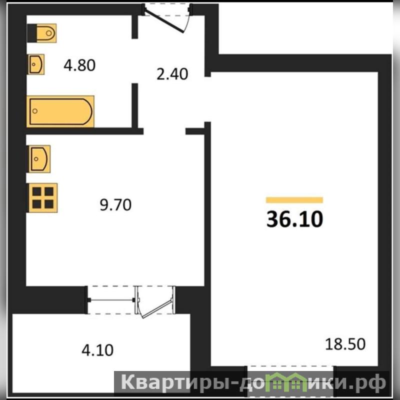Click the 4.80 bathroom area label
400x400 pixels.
[79, 65]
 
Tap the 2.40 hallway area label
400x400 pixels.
[172, 74]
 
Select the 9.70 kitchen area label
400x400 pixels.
[115, 204]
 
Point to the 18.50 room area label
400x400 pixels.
[345, 344]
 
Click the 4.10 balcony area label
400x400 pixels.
[97, 350]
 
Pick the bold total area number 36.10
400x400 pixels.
[294, 219]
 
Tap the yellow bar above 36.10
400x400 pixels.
[294, 200]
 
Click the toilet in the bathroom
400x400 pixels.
[42, 33]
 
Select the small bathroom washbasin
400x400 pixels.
[36, 64]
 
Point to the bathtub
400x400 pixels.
[60, 111]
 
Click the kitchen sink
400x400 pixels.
[39, 159]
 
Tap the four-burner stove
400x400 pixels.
[43, 198]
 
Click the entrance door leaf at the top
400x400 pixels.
[164, 20]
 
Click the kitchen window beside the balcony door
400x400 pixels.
[111, 300]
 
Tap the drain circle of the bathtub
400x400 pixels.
[35, 111]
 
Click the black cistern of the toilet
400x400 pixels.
[32, 33]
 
